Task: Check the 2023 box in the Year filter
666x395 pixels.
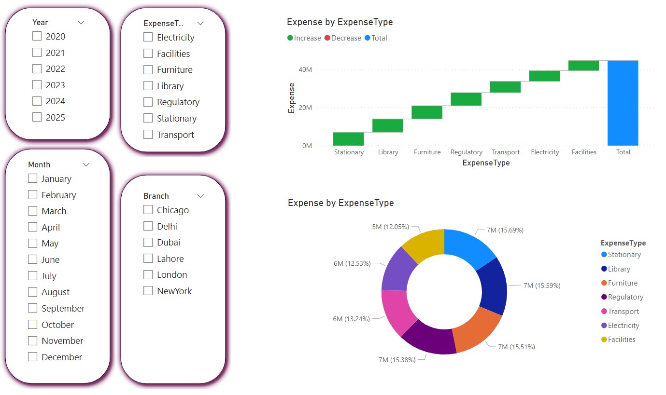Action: point(37,85)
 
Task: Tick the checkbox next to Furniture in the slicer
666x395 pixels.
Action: point(148,69)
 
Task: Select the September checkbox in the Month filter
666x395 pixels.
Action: point(33,308)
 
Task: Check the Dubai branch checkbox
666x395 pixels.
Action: point(148,242)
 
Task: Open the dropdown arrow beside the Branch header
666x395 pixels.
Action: point(201,196)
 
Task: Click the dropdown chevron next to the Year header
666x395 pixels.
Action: point(81,22)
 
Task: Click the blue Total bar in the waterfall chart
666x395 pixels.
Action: point(623,103)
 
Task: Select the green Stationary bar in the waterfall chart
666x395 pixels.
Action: point(348,138)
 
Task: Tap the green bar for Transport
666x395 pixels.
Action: point(505,87)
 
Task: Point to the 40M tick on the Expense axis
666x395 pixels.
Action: point(305,70)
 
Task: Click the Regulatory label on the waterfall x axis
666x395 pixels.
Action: point(466,152)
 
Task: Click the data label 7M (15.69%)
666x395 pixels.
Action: point(505,230)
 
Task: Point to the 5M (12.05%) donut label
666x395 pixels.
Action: point(390,227)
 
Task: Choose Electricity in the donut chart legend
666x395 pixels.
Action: point(623,326)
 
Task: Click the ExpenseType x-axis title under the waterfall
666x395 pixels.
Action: point(486,163)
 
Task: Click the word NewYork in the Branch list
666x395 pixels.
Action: point(174,291)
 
